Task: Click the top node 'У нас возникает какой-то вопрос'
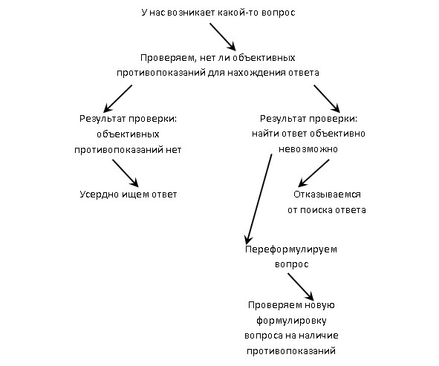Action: pos(218,13)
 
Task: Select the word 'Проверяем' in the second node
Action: pos(167,58)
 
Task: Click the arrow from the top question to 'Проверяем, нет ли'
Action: pos(223,36)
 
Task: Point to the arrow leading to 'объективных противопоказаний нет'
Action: pos(117,99)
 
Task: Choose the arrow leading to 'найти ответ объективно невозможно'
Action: pos(327,99)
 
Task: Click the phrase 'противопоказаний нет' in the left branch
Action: pos(128,150)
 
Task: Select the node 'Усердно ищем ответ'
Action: pos(129,195)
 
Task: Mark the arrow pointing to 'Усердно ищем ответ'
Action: pos(126,173)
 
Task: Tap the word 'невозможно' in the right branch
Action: pos(308,149)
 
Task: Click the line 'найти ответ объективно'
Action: pos(308,134)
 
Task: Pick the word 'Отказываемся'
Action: pos(327,195)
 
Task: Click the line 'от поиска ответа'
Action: pos(327,210)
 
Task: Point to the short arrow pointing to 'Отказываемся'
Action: pos(314,173)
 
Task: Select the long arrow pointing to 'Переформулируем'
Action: pos(258,199)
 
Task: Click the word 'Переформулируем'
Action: pos(291,249)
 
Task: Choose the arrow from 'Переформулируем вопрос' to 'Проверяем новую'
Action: pos(301,287)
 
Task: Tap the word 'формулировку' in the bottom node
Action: pos(291,321)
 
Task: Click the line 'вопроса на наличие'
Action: pos(291,336)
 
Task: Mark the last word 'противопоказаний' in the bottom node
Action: pos(291,351)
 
